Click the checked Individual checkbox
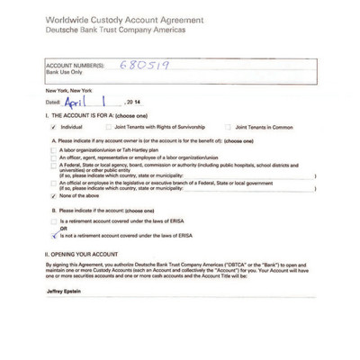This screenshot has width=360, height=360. (x=55, y=128)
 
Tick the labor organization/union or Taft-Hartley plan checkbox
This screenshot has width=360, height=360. (x=55, y=149)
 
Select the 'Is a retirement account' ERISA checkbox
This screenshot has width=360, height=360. (x=55, y=220)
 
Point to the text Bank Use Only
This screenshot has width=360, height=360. (x=61, y=71)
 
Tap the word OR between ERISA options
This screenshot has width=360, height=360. (x=63, y=227)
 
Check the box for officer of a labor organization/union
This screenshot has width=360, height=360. (x=55, y=157)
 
